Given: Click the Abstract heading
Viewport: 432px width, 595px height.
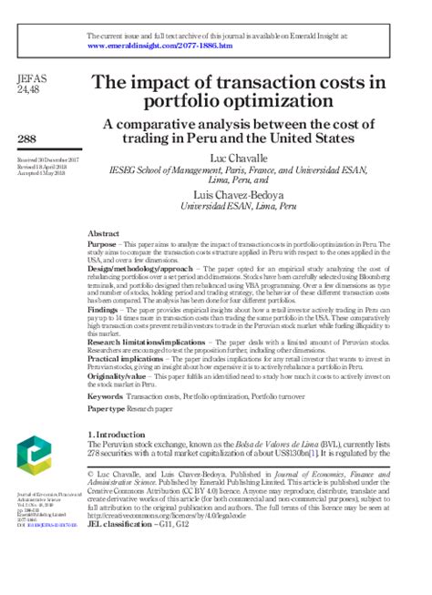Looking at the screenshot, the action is click(x=104, y=233).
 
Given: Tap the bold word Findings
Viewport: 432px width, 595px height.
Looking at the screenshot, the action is click(x=106, y=309).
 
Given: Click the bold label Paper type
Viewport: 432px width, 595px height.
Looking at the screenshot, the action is click(x=108, y=411).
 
